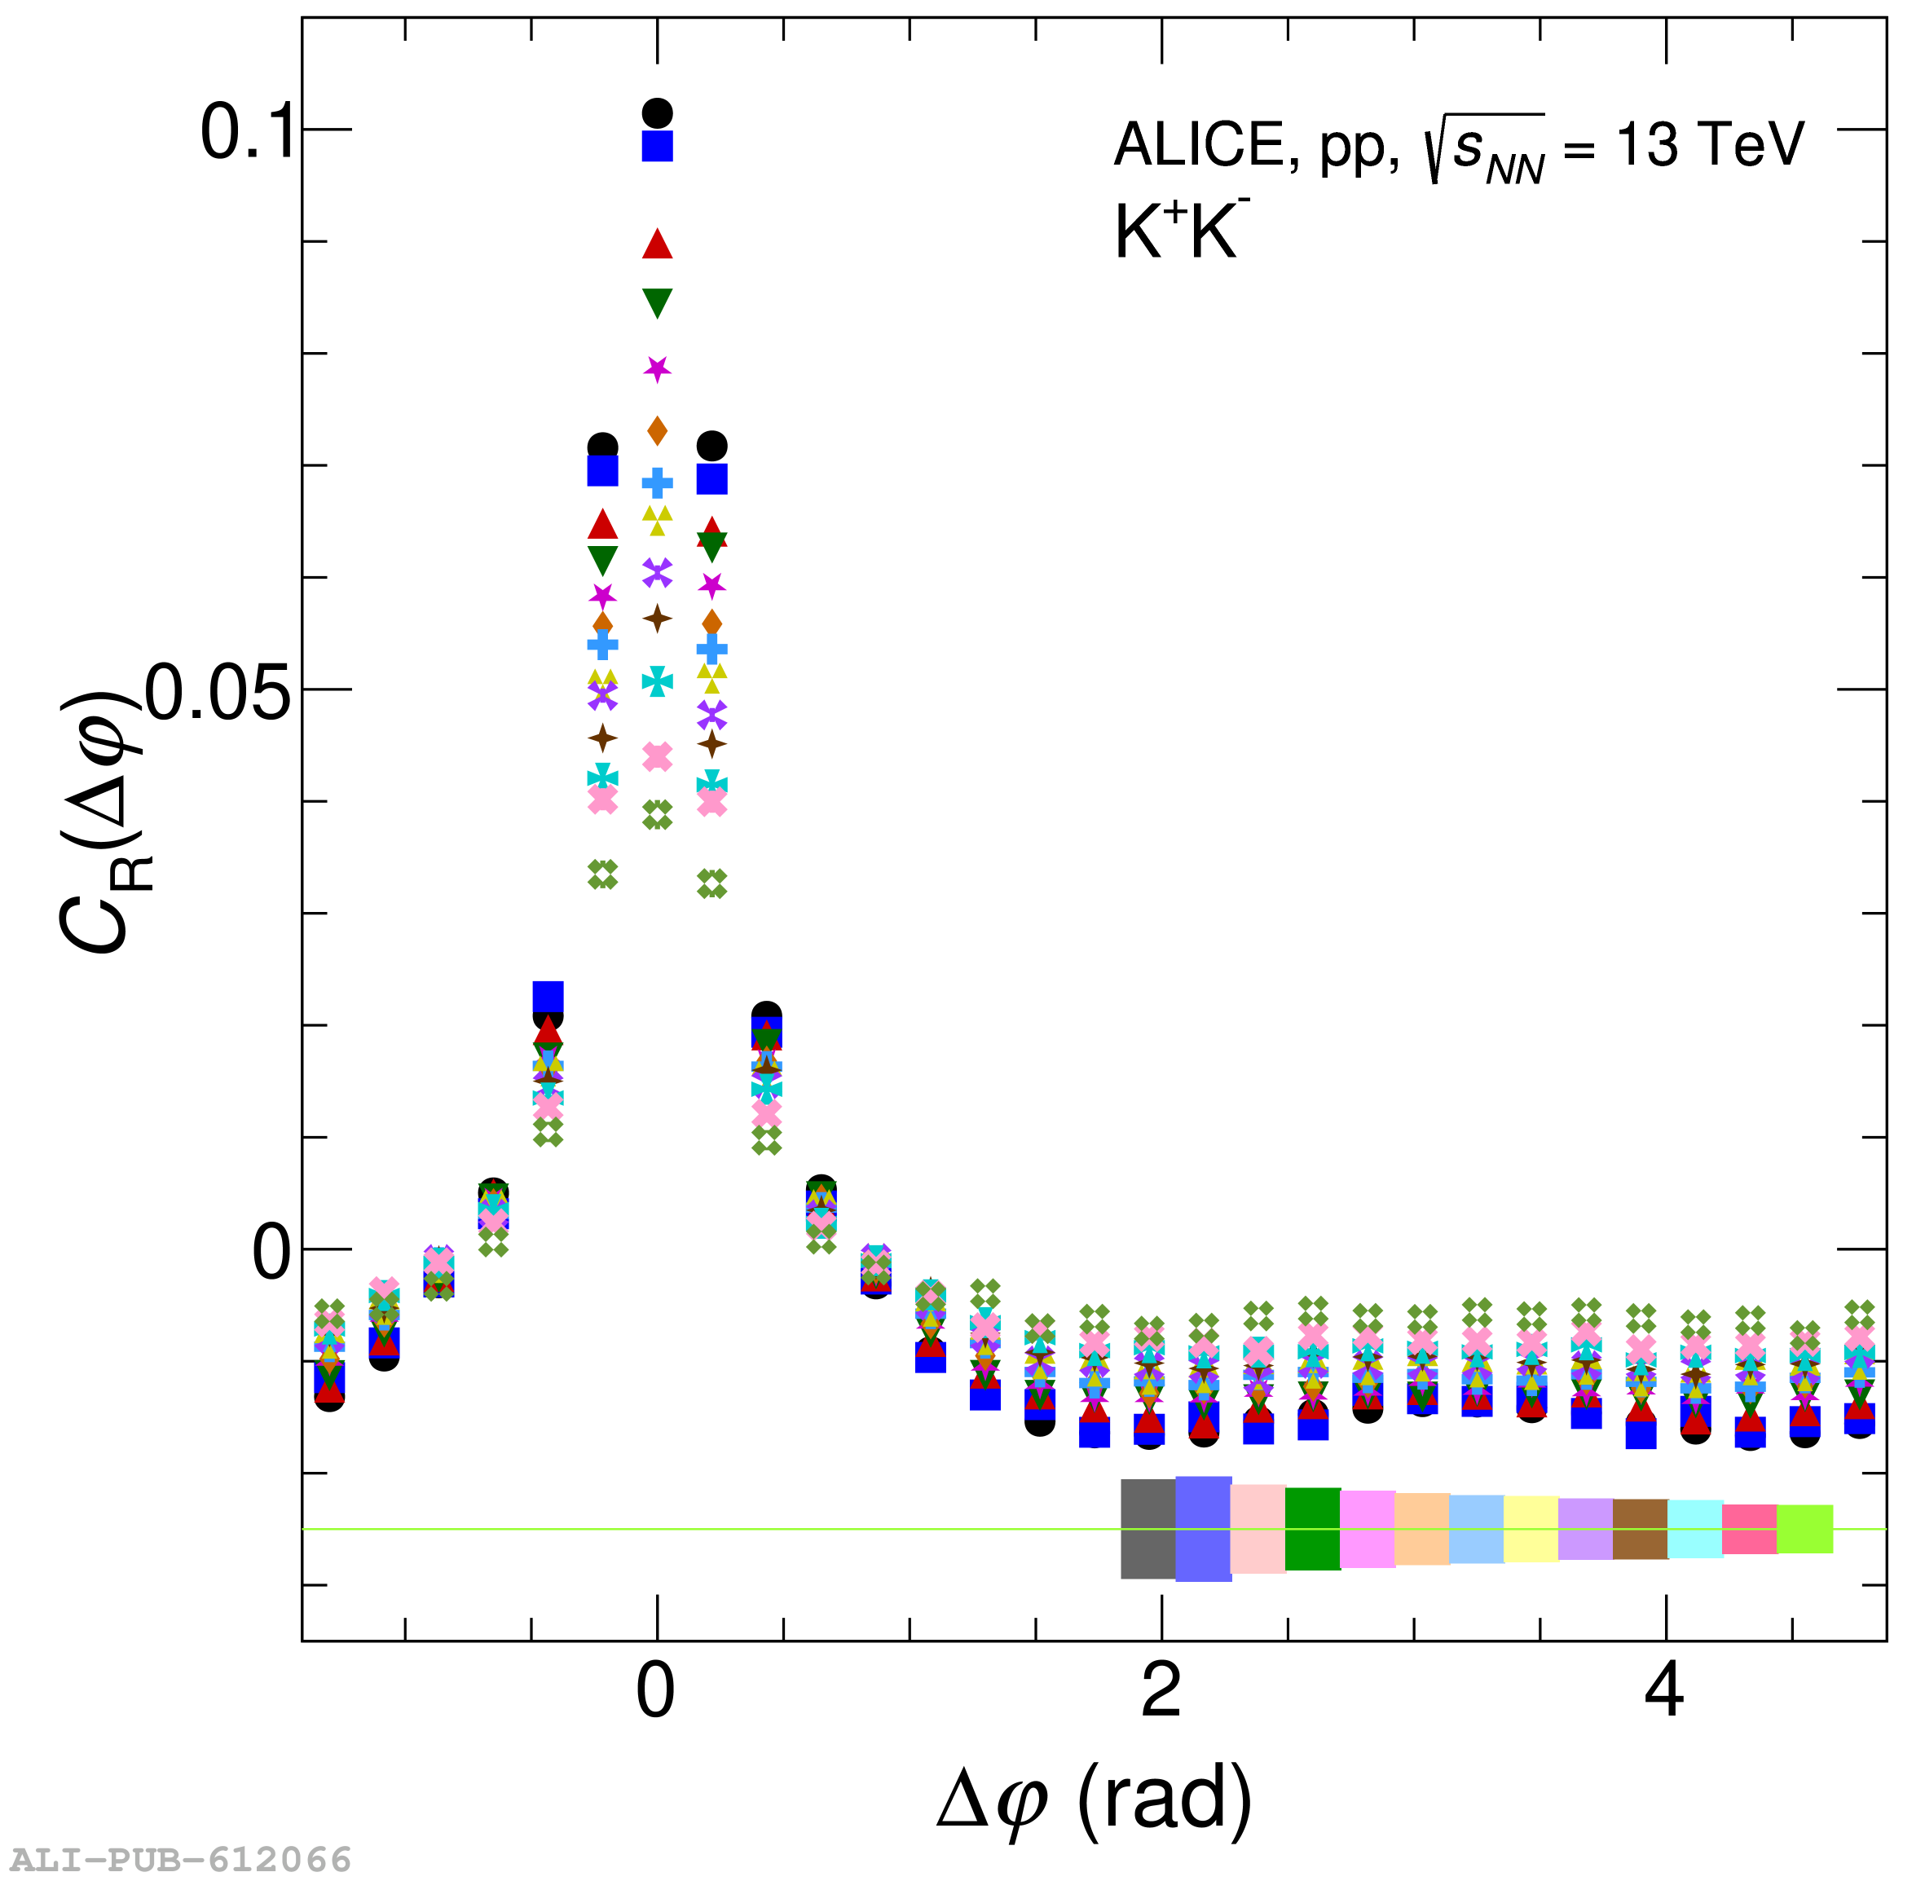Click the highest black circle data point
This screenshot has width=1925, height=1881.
click(658, 113)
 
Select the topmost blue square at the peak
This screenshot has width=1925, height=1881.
click(658, 146)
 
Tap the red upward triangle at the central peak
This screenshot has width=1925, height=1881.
click(658, 244)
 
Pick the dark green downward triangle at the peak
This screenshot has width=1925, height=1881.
click(658, 302)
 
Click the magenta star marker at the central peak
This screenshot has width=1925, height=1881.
click(658, 368)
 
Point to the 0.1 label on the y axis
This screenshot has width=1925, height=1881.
click(247, 131)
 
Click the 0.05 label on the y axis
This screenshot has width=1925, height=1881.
click(219, 692)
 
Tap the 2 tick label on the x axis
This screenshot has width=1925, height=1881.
click(1161, 1690)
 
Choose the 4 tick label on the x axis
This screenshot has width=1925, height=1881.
click(1665, 1690)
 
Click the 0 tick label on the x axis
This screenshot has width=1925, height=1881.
click(656, 1690)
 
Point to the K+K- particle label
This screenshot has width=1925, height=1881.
click(1181, 230)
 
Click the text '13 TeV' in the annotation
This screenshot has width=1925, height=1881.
click(1710, 144)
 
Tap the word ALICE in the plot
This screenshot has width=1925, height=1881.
click(1199, 145)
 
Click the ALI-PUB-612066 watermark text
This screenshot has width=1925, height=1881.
click(182, 1859)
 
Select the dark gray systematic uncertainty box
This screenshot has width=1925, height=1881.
click(1148, 1529)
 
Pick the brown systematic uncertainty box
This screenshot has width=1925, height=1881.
click(1641, 1529)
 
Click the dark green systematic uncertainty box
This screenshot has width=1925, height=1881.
click(1313, 1529)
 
